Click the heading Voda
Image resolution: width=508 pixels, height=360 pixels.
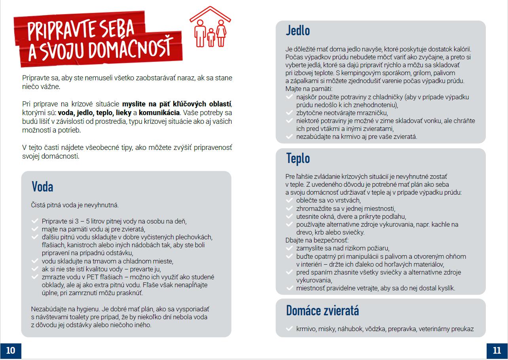click(x=42, y=187)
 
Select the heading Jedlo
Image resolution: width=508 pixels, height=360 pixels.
click(x=298, y=30)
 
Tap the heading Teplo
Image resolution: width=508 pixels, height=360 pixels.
click(x=298, y=158)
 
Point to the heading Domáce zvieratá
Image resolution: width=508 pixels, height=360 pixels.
click(x=322, y=310)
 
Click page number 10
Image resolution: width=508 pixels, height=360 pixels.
click(x=11, y=350)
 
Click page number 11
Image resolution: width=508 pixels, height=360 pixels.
click(x=497, y=350)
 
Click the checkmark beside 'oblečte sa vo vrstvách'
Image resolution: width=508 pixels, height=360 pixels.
click(x=289, y=201)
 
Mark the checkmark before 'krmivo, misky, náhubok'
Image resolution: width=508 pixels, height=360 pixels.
click(x=289, y=329)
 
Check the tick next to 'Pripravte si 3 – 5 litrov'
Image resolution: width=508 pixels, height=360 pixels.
click(x=34, y=221)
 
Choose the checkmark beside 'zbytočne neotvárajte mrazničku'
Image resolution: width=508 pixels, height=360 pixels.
click(x=289, y=113)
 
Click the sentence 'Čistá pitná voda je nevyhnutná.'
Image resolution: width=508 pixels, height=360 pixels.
click(x=75, y=205)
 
